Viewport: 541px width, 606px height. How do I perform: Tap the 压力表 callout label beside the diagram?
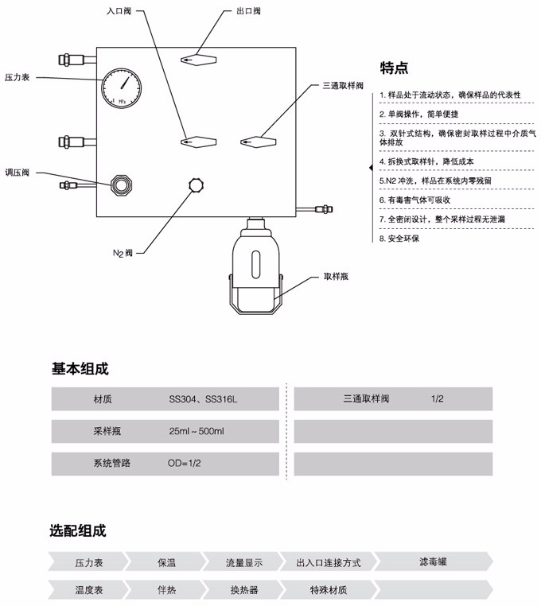(x=18, y=77)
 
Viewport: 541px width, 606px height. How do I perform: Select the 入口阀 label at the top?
(x=119, y=13)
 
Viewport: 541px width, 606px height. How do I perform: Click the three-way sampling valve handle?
(x=259, y=142)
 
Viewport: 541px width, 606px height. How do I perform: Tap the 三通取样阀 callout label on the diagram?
(x=343, y=85)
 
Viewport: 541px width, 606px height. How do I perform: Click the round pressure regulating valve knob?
(x=123, y=185)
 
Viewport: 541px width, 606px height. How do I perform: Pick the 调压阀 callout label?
(x=18, y=172)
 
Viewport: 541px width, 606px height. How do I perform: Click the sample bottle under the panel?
(x=255, y=267)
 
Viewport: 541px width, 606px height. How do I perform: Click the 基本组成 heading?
(x=80, y=369)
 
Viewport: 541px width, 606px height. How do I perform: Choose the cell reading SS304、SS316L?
(x=203, y=399)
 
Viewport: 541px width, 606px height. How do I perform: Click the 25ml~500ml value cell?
(x=197, y=431)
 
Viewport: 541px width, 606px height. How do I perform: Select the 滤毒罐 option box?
(x=433, y=562)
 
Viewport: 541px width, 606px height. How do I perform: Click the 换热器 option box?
(x=244, y=590)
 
